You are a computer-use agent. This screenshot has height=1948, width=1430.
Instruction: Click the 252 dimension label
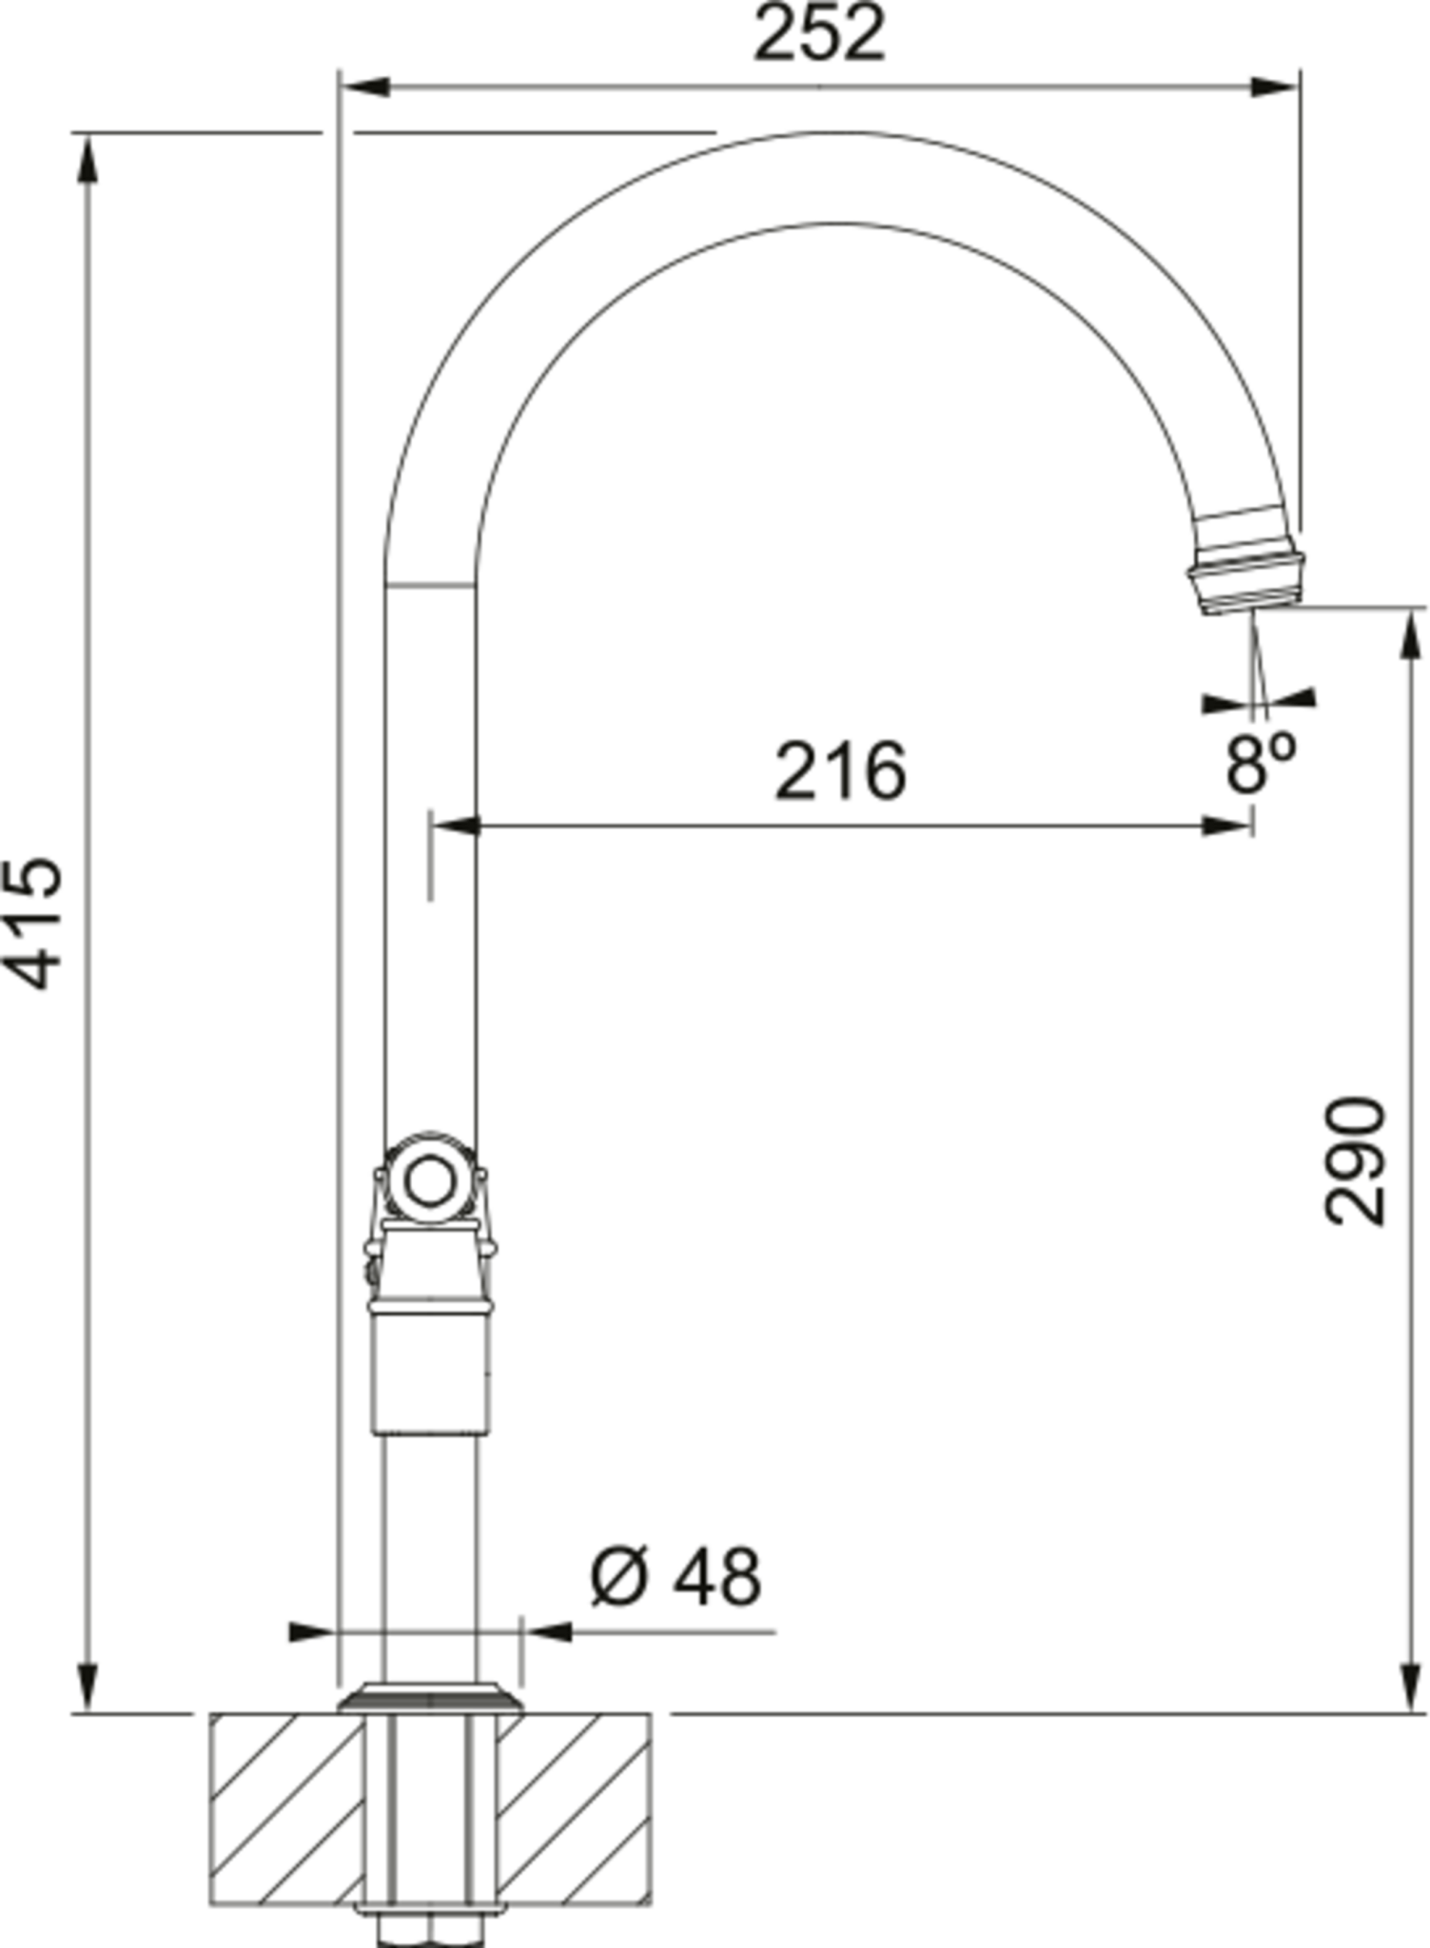coord(819,34)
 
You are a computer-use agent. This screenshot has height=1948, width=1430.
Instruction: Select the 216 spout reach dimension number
coord(840,770)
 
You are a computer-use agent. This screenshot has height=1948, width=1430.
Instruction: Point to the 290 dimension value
coord(1354,1160)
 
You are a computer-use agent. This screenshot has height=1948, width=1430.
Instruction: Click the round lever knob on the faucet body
coord(430,1182)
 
